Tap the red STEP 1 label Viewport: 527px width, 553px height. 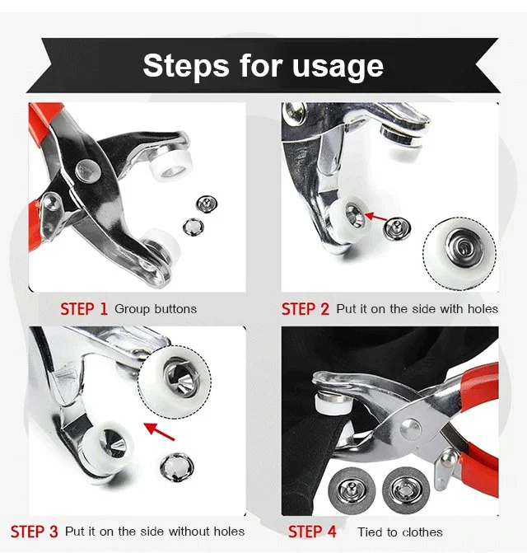click(84, 309)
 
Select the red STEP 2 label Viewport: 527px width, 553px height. click(305, 309)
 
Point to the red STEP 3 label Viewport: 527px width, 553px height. click(34, 532)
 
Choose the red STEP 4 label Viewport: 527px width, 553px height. click(312, 532)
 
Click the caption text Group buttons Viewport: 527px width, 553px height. click(156, 309)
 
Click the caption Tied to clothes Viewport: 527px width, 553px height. click(399, 532)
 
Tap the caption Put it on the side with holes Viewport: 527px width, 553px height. click(417, 309)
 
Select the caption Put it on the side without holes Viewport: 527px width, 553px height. click(155, 532)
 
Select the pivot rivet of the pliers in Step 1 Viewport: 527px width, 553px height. click(85, 169)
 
